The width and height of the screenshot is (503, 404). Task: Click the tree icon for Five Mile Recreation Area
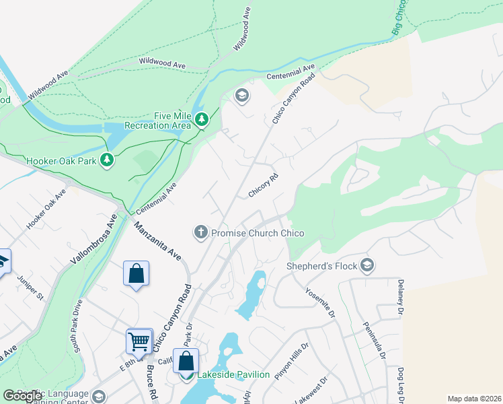click(202, 120)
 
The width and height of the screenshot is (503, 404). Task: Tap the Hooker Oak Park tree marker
click(106, 160)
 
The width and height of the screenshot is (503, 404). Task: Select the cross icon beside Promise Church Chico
click(200, 233)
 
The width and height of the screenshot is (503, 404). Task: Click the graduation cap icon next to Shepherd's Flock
click(366, 265)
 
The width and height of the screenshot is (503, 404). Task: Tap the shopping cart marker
click(139, 341)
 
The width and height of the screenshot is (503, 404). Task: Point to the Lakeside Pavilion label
click(233, 375)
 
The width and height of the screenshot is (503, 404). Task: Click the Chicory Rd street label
click(263, 185)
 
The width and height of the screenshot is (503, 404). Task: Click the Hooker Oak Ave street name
click(46, 209)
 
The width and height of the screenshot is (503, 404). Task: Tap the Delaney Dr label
click(401, 297)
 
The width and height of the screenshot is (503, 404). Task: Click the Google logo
click(23, 396)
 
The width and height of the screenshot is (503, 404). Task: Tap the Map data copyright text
click(473, 399)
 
